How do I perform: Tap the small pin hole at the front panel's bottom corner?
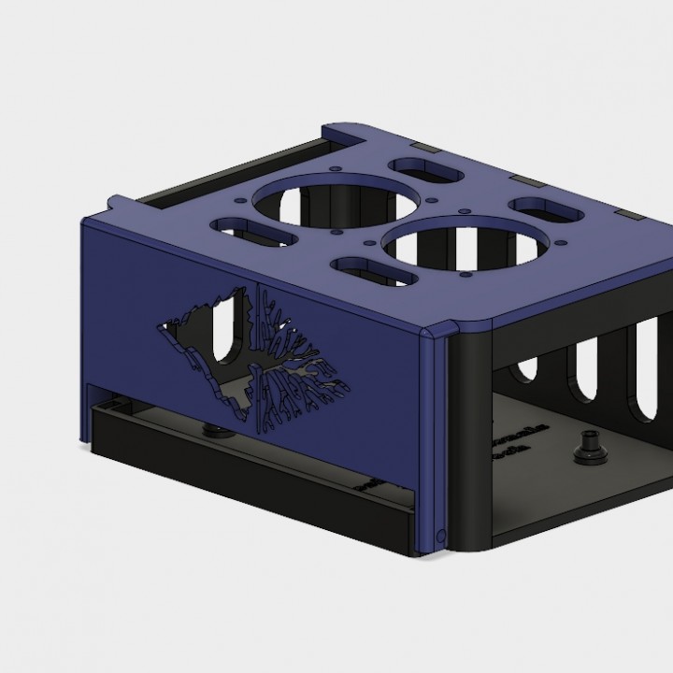point(440,535)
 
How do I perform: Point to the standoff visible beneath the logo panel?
point(216,429)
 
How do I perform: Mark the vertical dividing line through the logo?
point(256,351)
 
